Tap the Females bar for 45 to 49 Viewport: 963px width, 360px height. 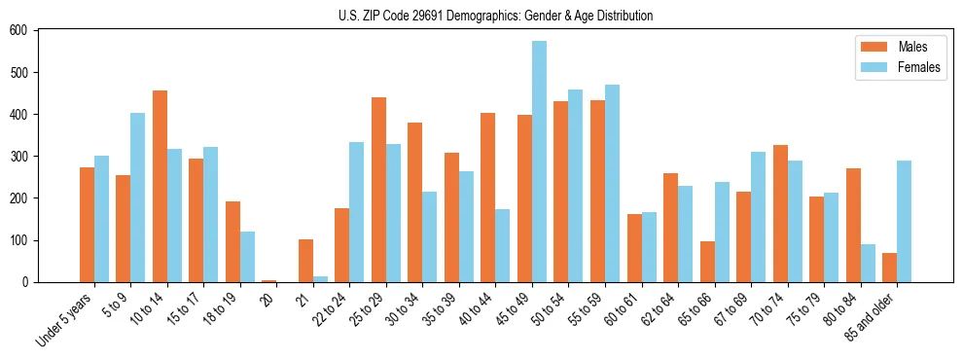tap(539, 162)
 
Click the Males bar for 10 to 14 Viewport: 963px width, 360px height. tap(160, 186)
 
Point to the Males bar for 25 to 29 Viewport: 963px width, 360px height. tap(378, 190)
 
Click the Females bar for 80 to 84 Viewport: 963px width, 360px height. tap(868, 263)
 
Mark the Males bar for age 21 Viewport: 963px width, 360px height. tap(305, 261)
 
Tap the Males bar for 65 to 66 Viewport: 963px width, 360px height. tap(707, 262)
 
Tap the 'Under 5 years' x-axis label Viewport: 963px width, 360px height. tap(65, 320)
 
